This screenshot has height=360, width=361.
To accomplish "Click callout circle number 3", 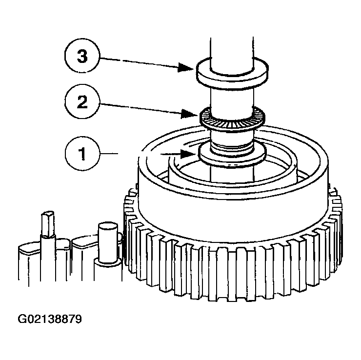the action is point(82,56).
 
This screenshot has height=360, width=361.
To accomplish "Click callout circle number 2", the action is point(82,101).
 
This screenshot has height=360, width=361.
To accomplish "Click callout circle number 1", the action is point(82,153).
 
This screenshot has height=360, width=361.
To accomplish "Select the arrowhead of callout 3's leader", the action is point(185,67).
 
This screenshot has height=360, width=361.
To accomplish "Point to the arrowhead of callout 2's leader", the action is point(189,114).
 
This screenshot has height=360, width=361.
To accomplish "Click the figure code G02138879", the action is point(50,319).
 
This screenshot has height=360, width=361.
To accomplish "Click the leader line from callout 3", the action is point(139,62).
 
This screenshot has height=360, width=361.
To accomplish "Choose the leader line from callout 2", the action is point(140,109).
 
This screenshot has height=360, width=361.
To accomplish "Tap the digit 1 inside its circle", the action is point(82,154).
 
